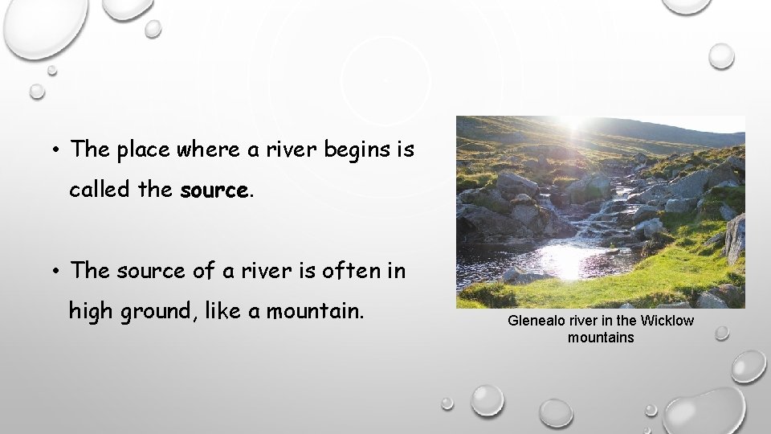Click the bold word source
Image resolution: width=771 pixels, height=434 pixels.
[x=214, y=190]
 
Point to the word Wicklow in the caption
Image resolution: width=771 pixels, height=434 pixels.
[x=668, y=321]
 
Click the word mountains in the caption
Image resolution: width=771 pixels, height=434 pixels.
[x=601, y=338]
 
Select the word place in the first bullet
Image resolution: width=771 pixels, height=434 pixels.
[x=142, y=149]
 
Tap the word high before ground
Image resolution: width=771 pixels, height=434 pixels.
[x=92, y=310]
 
